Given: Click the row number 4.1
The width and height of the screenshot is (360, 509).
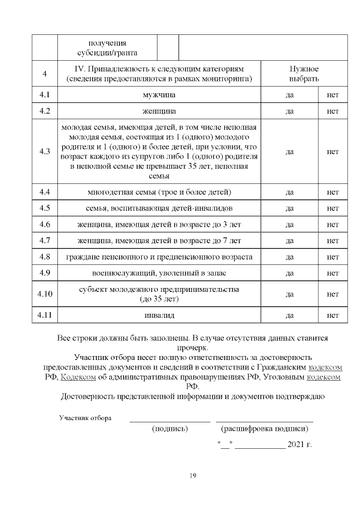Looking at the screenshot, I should [44, 95].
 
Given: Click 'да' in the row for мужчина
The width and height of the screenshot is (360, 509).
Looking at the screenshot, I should [290, 95].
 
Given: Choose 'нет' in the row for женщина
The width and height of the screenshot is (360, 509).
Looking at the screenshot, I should [332, 111].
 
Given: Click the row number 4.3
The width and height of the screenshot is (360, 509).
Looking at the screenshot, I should [44, 152].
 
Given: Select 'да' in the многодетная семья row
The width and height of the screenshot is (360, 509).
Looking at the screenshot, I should [290, 192].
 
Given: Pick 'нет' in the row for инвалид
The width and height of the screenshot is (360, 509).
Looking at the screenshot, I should [332, 315].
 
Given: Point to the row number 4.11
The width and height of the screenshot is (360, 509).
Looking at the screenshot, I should [44, 315].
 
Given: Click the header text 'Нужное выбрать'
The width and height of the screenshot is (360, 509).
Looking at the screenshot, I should [304, 73].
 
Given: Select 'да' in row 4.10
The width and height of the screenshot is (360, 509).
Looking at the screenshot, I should [290, 294].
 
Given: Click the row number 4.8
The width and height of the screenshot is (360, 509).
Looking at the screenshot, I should [44, 257].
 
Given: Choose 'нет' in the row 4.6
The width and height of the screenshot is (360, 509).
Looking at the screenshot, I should [332, 225].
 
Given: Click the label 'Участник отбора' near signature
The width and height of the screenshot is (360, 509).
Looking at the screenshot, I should [85, 418].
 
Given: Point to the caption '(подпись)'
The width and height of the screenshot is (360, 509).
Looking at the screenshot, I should [170, 429].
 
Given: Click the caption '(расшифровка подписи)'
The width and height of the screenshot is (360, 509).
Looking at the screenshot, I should [264, 429].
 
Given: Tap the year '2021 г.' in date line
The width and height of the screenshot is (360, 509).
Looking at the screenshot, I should [299, 444].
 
